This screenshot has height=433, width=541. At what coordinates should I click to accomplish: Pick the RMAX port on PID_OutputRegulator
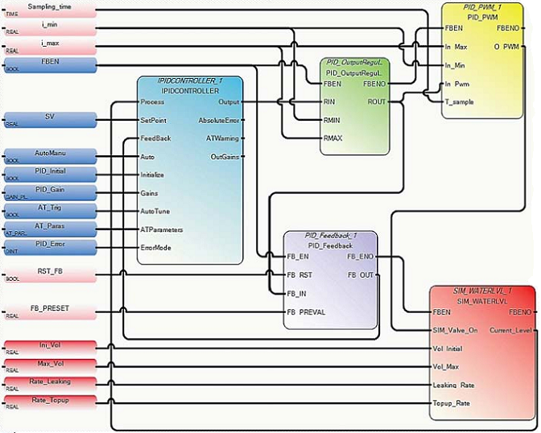[x=332, y=138]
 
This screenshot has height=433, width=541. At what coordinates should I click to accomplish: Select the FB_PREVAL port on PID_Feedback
[x=307, y=311]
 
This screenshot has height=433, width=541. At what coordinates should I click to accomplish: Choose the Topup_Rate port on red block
[x=452, y=402]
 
